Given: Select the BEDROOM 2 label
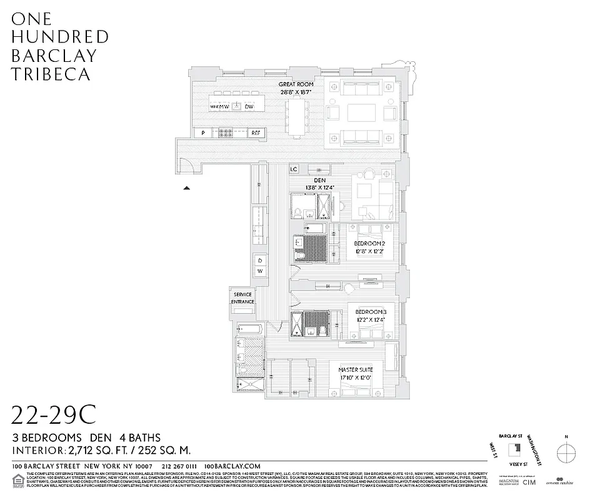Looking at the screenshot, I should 368,243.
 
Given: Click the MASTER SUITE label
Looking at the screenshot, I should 356,370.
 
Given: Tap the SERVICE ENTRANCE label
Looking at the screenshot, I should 243,298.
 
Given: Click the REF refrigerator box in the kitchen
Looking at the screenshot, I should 256,132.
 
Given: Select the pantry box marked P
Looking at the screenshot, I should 203,132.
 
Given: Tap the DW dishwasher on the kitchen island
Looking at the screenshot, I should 249,107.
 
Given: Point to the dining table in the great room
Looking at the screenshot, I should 296,115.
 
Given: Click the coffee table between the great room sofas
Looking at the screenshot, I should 361,112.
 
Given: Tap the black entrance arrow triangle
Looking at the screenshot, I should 186,187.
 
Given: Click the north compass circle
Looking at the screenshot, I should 566,451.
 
